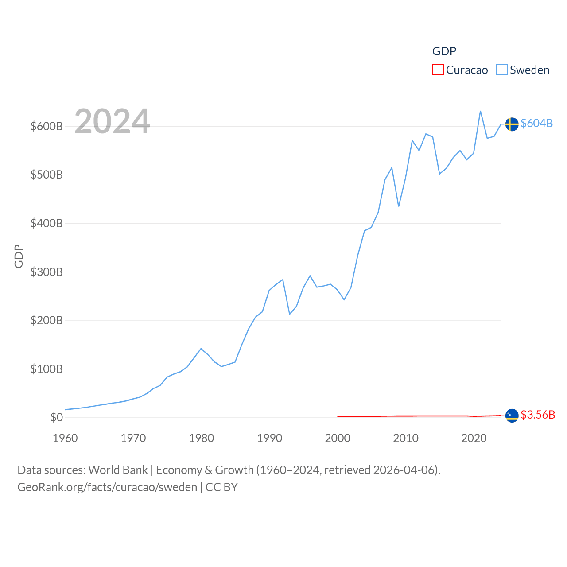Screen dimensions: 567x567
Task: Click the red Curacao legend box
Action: coord(438,70)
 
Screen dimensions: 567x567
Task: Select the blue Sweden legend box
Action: coord(501,70)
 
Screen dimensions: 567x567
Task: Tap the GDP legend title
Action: coord(444,51)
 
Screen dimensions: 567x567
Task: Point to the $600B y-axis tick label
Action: coord(47,126)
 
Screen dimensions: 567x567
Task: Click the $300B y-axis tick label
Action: coord(47,272)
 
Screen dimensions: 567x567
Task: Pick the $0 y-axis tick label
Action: coord(57,417)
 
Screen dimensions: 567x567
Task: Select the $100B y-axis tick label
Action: coord(47,369)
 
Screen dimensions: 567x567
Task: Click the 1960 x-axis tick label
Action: coord(65,438)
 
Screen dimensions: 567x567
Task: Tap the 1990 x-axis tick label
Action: coord(269,438)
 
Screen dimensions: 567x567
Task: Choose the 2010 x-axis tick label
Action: coord(406,438)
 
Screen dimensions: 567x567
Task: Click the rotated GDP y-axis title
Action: coord(19,256)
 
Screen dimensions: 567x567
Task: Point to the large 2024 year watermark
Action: coord(112,121)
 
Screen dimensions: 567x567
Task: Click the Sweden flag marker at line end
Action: coord(512,124)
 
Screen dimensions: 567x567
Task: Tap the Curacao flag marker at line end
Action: coord(512,416)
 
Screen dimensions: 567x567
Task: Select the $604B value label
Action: coord(536,123)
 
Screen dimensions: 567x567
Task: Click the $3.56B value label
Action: coord(538,415)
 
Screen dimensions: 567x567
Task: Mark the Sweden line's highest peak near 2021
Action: coord(481,111)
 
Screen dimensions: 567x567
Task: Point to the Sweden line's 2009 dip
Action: coord(399,206)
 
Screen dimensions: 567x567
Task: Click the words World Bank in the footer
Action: coord(118,470)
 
